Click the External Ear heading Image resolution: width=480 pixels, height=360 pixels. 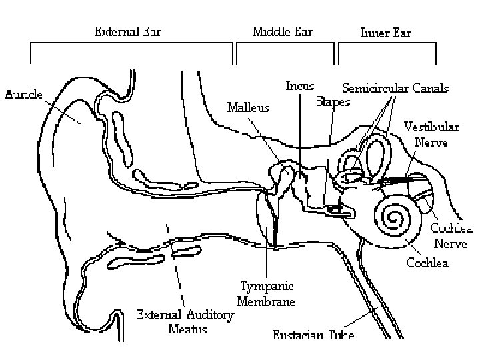(x=128, y=31)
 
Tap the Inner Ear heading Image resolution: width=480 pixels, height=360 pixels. (x=385, y=32)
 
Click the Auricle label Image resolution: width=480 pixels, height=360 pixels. (x=24, y=94)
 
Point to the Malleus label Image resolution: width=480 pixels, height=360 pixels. (x=249, y=107)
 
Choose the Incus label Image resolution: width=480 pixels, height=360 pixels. (x=300, y=86)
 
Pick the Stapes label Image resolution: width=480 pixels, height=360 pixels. (x=332, y=102)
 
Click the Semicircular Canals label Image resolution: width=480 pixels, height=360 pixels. (x=395, y=88)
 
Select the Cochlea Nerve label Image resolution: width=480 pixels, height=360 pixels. (x=453, y=236)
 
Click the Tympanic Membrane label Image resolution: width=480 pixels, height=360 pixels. (x=267, y=293)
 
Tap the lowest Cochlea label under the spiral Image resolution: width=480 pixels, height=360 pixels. (x=427, y=263)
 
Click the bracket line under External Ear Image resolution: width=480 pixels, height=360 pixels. (x=131, y=44)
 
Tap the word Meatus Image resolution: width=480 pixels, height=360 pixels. (x=188, y=329)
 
